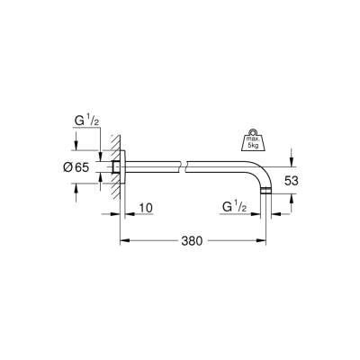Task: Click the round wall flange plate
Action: pyautogui.click(x=125, y=167)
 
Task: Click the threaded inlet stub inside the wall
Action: pyautogui.click(x=117, y=167)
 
